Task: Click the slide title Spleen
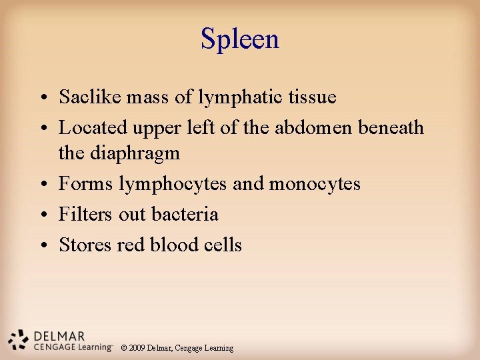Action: click(240, 39)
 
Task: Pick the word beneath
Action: click(391, 127)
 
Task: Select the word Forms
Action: click(85, 183)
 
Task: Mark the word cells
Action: click(223, 245)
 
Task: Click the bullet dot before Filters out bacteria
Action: click(42, 215)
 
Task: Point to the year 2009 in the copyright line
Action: click(137, 348)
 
